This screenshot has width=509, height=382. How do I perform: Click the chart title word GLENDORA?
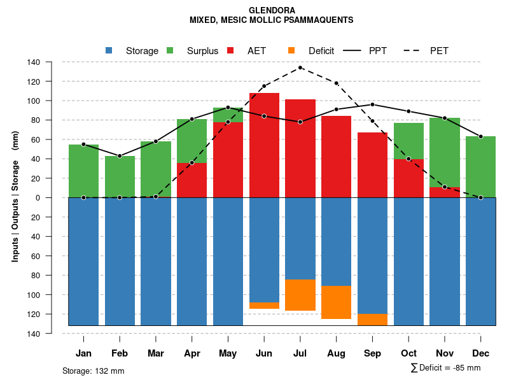pyautogui.click(x=271, y=11)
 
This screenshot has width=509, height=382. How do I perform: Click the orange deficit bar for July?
pyautogui.click(x=300, y=295)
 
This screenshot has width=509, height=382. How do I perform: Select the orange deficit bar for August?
pyautogui.click(x=337, y=302)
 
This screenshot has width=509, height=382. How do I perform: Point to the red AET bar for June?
pyautogui.click(x=264, y=145)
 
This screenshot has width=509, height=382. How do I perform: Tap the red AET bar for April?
pyautogui.click(x=192, y=180)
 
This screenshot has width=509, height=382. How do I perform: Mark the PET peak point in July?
pyautogui.click(x=300, y=67)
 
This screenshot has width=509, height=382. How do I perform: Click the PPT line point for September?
pyautogui.click(x=373, y=104)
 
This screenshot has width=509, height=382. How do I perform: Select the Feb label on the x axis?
pyautogui.click(x=120, y=353)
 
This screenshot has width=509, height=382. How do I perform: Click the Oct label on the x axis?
pyautogui.click(x=409, y=353)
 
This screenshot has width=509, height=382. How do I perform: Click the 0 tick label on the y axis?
pyautogui.click(x=55, y=198)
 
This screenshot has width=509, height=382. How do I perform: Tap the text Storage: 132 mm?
pyautogui.click(x=93, y=371)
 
